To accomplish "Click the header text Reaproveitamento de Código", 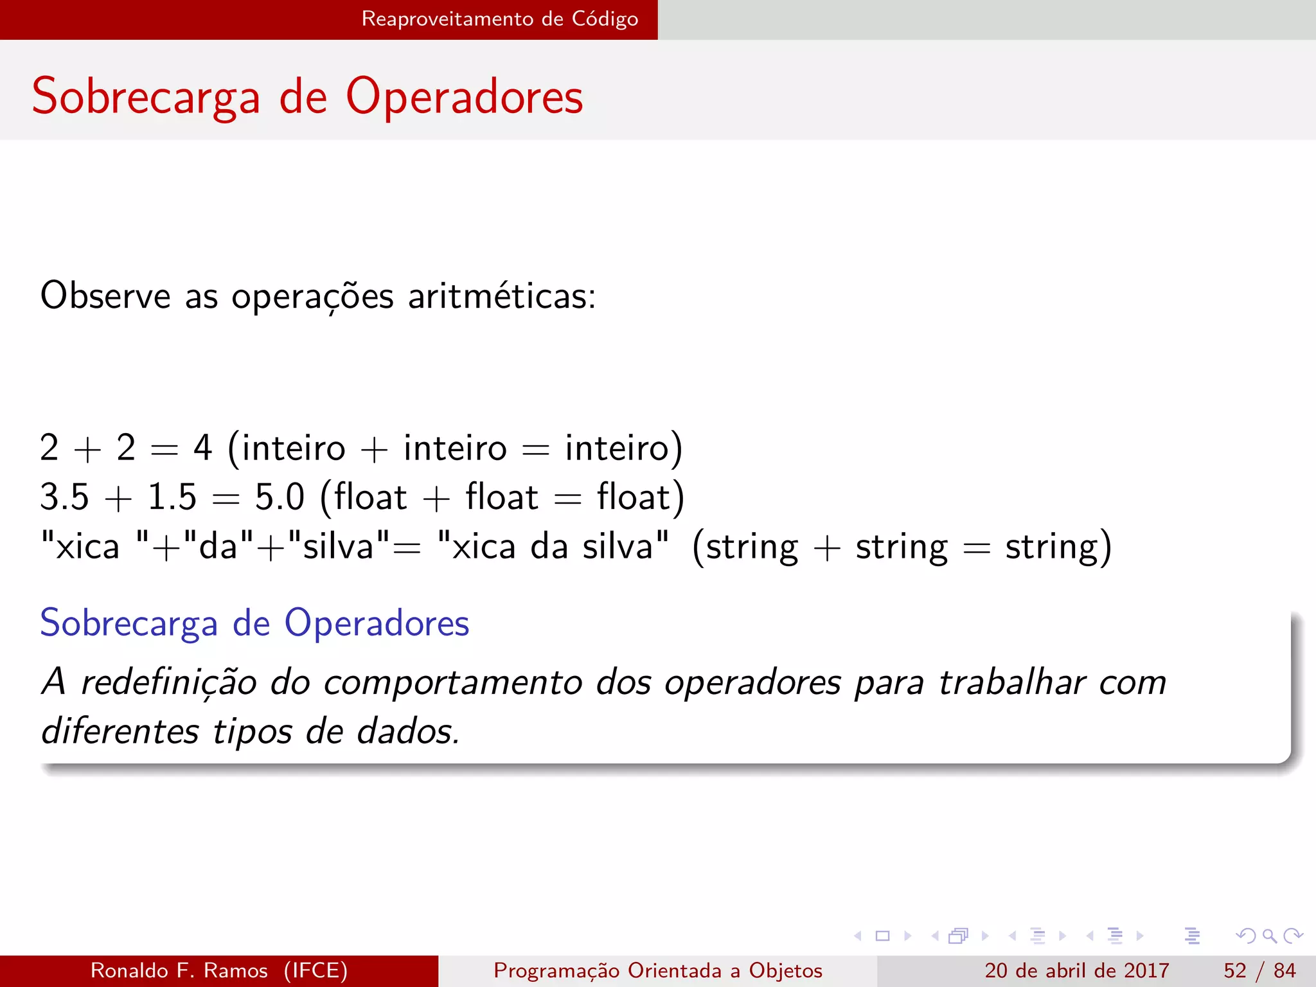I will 499,19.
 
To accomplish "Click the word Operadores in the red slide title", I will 464,97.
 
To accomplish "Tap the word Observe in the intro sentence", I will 105,296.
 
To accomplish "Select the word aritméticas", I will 501,296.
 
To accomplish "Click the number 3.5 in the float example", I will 64,497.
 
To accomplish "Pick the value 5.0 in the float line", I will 280,497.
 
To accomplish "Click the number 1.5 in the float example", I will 172,497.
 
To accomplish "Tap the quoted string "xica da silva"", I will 553,546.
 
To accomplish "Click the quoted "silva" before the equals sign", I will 338,546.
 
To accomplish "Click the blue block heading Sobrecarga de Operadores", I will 254,623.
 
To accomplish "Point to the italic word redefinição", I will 169,682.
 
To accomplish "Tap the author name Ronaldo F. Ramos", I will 179,970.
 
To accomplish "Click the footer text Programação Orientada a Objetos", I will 658,970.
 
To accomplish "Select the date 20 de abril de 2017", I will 1076,970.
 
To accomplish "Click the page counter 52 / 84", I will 1259,970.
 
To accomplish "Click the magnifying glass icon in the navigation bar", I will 1269,936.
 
